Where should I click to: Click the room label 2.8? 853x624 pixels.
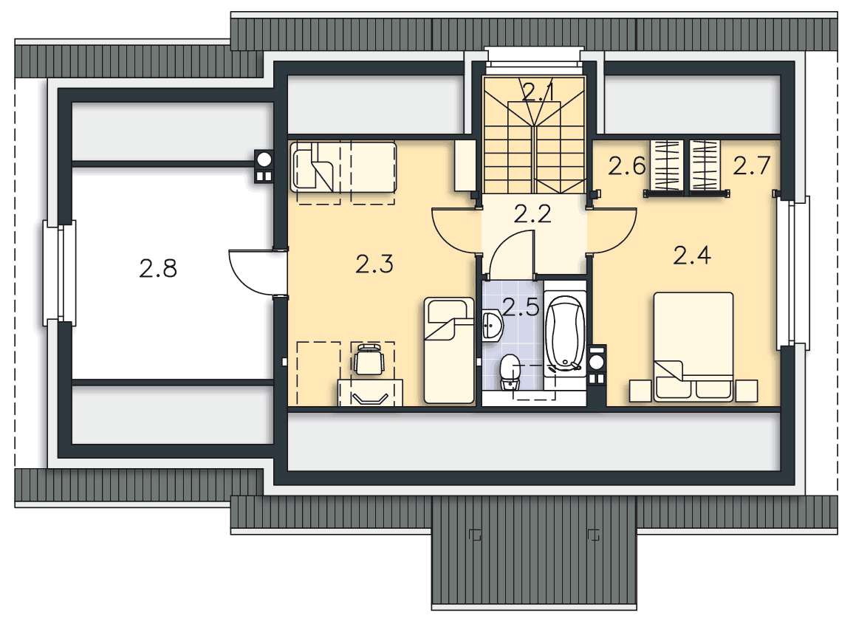coord(158,269)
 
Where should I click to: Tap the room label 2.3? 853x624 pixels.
coord(374,264)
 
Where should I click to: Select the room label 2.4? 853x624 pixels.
coord(692,256)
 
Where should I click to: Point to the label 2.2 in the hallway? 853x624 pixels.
coord(532,214)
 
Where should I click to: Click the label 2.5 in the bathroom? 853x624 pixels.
coord(521,307)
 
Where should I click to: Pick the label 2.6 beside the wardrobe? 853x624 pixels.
coord(627,166)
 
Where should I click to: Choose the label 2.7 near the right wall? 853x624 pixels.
coord(752,165)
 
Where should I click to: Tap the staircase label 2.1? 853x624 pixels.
coord(538,92)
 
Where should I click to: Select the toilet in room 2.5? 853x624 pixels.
coord(510,373)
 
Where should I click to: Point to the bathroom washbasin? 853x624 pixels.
coord(493,326)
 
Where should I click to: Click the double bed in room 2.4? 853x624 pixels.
coord(693,346)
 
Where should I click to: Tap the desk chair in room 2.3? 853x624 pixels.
coord(369,359)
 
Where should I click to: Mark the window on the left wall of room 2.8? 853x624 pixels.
coord(60,272)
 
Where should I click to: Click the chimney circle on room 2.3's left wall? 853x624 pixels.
coord(264,160)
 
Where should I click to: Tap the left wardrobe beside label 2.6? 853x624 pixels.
coord(667,165)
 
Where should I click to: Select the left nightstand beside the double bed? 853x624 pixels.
coord(640,391)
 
